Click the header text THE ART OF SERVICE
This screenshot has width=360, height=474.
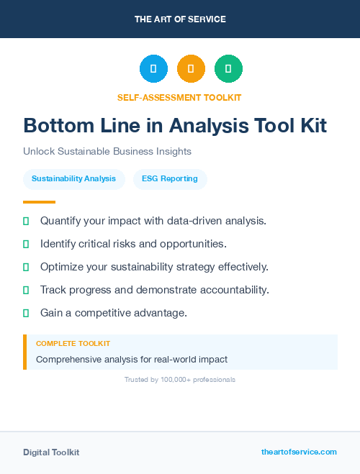click(180, 19)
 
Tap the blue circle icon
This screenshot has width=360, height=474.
click(153, 69)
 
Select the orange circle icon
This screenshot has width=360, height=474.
click(191, 69)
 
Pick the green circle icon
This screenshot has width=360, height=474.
click(228, 69)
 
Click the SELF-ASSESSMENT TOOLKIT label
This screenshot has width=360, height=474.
click(180, 97)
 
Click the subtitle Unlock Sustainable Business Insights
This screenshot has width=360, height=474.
click(107, 152)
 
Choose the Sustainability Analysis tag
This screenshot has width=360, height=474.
click(73, 178)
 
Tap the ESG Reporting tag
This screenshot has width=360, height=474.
click(170, 178)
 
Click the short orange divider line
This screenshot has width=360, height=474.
click(39, 202)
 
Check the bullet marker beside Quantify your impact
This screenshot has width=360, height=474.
click(26, 221)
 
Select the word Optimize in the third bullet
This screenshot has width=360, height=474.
click(63, 267)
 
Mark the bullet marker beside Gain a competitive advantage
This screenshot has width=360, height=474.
click(26, 313)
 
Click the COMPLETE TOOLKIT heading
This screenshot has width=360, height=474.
click(73, 344)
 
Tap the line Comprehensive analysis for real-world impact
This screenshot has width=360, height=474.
click(132, 359)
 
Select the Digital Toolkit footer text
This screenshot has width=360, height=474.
click(51, 452)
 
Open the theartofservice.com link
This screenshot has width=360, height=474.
click(299, 452)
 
